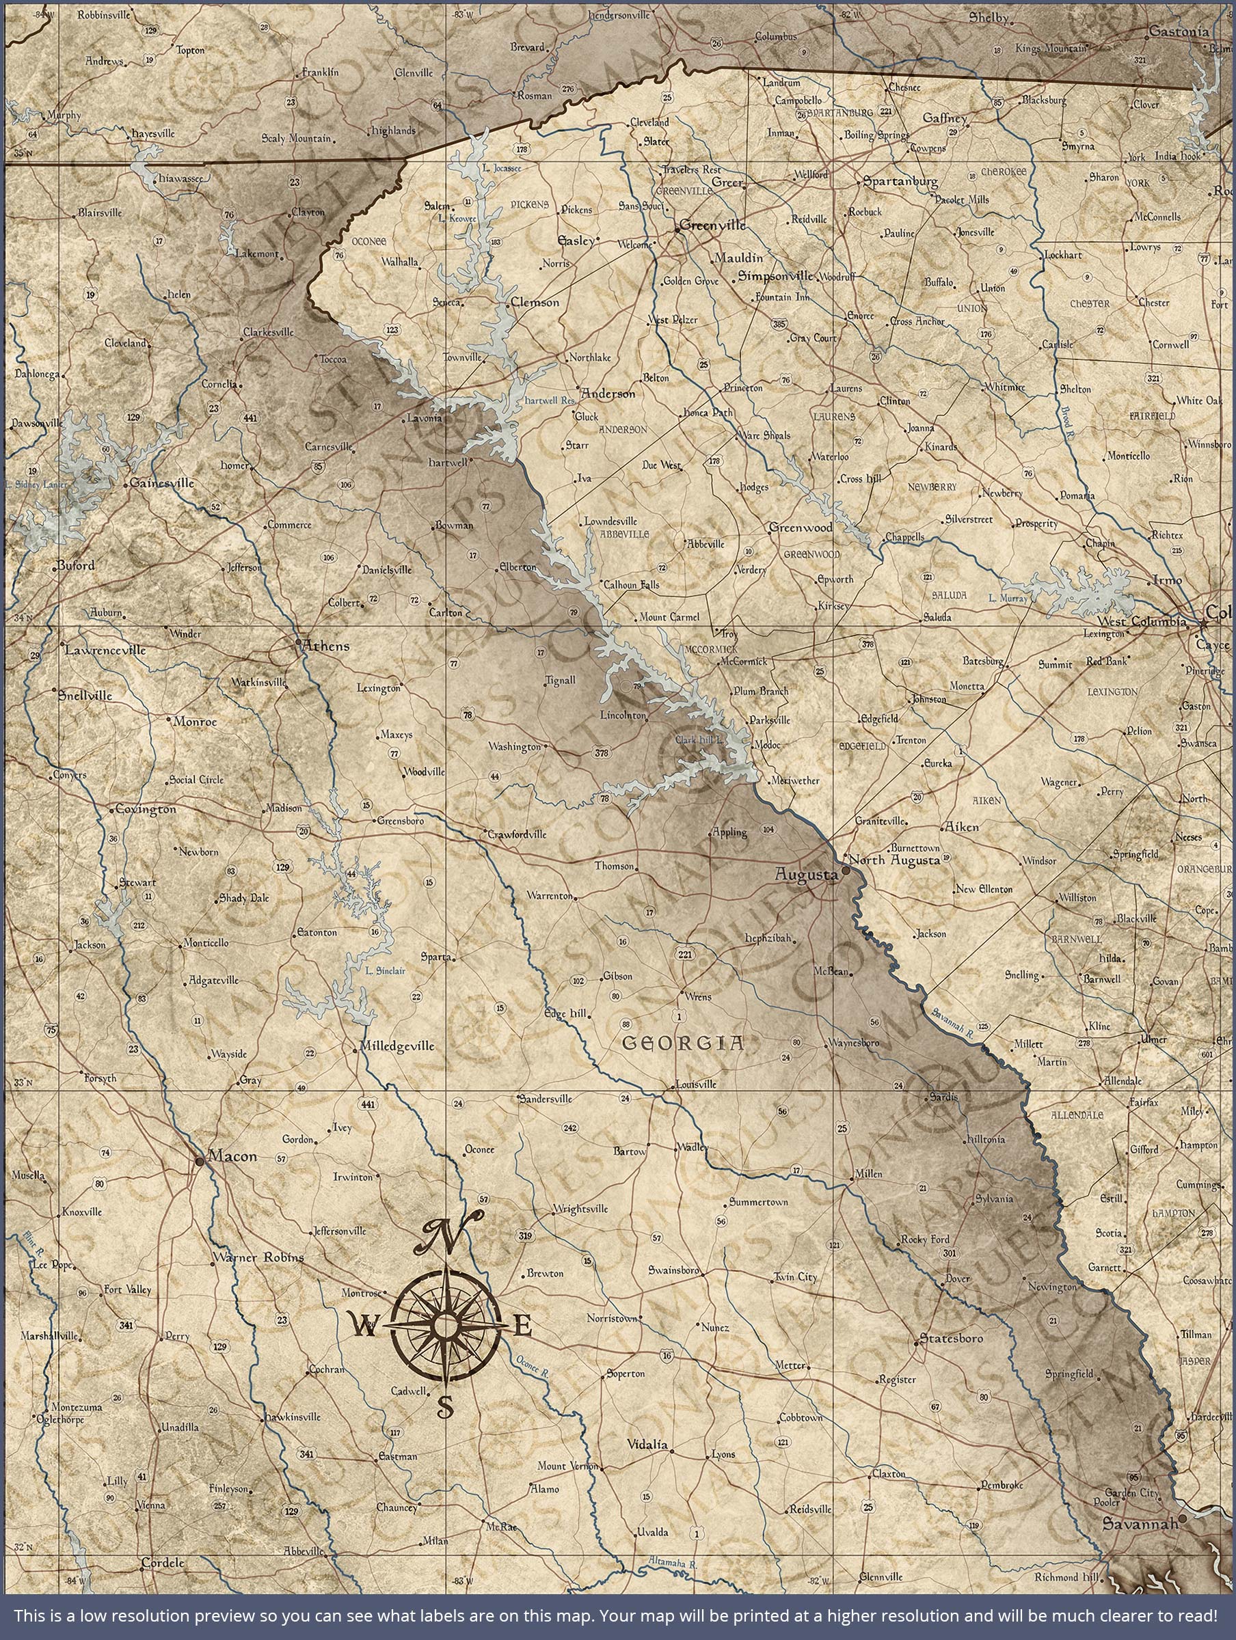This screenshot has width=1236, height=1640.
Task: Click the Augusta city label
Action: coord(806,875)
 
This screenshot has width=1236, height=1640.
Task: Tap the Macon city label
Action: coord(232,1156)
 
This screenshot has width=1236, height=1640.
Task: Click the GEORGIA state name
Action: coord(682,1044)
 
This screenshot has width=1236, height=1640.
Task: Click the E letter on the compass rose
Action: coord(522,1325)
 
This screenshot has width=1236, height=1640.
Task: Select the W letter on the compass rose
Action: coord(364,1327)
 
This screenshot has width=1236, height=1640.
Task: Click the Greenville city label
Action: coord(713,225)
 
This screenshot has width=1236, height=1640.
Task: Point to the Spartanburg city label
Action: coord(900,182)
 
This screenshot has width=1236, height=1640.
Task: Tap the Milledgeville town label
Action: coord(397,1046)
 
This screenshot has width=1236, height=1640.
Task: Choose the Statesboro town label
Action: coord(951,1339)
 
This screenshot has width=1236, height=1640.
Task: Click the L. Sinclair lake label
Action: coord(385,970)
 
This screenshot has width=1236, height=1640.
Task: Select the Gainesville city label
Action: coord(162,483)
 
